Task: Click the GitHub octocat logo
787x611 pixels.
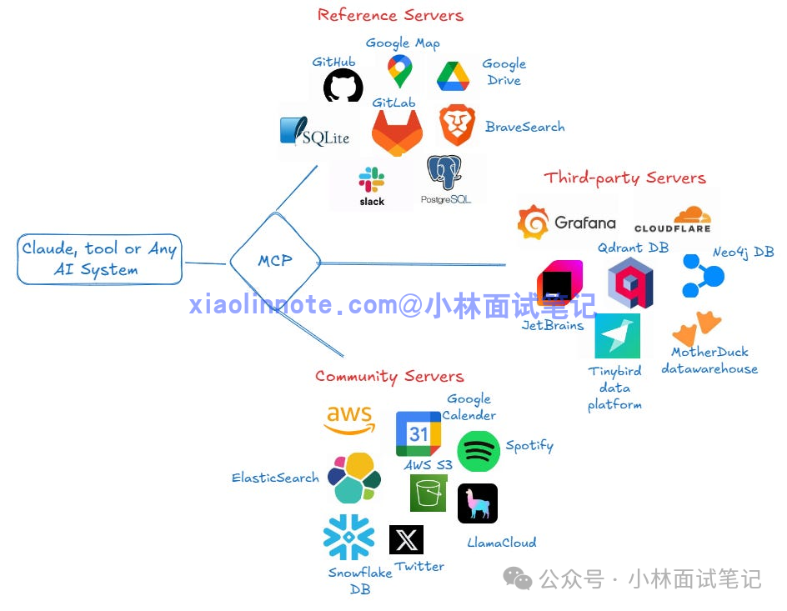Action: click(x=343, y=85)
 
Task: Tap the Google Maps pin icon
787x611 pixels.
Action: click(x=399, y=71)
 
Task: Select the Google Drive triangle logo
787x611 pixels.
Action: click(x=453, y=76)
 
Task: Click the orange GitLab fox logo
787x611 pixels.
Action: click(x=397, y=133)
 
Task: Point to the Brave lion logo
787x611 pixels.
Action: click(x=457, y=125)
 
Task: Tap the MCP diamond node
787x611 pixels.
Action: click(x=275, y=261)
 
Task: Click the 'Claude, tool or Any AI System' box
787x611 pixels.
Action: click(x=99, y=259)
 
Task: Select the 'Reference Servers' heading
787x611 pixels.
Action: click(x=390, y=15)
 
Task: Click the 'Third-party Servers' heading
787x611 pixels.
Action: click(x=625, y=178)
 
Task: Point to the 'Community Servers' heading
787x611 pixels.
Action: click(x=389, y=376)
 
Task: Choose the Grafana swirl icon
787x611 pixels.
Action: click(x=533, y=223)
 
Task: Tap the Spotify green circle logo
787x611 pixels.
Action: click(x=479, y=451)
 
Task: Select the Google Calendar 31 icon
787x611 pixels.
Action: click(x=419, y=433)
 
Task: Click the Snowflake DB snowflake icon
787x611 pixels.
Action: click(x=348, y=538)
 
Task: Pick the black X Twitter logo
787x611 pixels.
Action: click(x=406, y=540)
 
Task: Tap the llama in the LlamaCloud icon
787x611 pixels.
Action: click(x=478, y=503)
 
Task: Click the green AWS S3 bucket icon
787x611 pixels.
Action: click(x=429, y=493)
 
